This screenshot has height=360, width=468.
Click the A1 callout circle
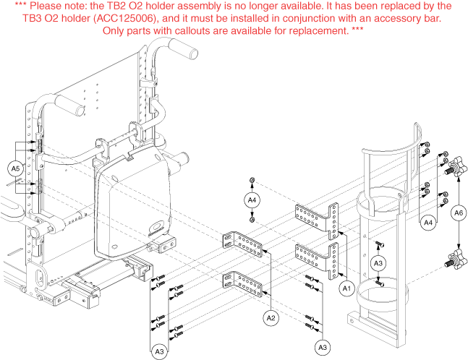click(346, 288)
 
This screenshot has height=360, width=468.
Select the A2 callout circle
click(271, 318)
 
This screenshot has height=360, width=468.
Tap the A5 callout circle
click(15, 168)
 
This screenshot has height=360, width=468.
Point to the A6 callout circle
click(459, 213)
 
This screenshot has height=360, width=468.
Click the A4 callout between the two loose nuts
click(252, 200)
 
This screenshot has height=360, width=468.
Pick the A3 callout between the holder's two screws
click(378, 263)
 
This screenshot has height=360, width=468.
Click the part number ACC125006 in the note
click(125, 19)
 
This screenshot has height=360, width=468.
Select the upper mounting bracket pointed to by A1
click(317, 220)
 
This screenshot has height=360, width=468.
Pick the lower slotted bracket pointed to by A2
click(242, 284)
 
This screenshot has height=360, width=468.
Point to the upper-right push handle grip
click(183, 48)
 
